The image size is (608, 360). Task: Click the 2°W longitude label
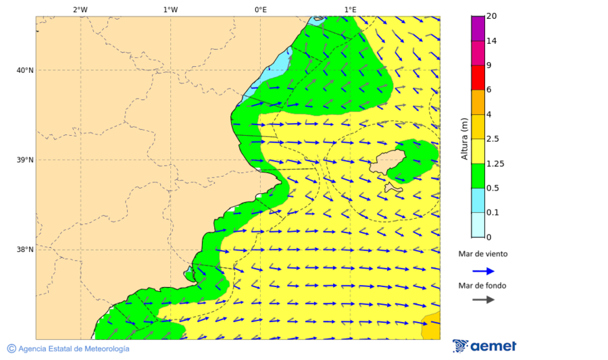80,9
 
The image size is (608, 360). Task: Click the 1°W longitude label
170,9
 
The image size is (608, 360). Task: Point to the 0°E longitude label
260,9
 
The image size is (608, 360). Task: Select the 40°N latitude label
25,70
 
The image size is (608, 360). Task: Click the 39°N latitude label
25,160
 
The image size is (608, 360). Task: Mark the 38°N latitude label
25,250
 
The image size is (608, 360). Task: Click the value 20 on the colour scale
492,17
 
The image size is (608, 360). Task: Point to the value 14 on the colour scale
492,41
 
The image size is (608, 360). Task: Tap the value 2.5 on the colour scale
494,139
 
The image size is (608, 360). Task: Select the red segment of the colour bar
478,78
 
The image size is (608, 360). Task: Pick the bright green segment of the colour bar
478,176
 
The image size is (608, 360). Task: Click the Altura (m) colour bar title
464,139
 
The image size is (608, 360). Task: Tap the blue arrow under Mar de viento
483,271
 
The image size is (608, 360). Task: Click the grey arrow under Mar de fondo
483,300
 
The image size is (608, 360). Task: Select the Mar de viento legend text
482,255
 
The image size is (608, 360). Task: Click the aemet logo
484,346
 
